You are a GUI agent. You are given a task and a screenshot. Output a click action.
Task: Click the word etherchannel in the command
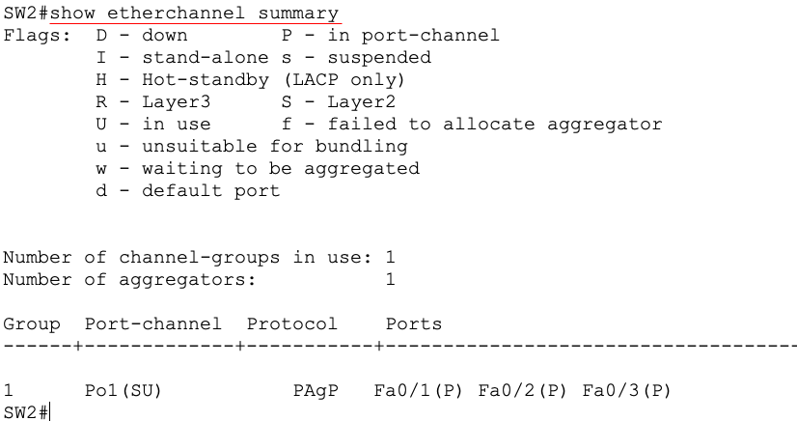tap(176, 13)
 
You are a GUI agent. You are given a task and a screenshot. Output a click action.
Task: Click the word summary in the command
tap(298, 14)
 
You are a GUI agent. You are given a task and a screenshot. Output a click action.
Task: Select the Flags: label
tap(37, 35)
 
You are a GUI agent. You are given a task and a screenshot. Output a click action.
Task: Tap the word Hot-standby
tap(206, 80)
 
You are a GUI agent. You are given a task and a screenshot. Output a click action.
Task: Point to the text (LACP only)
tap(344, 80)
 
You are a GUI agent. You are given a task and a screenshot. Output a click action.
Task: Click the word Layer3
tap(176, 102)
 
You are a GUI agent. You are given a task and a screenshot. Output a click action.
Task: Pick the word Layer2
tap(362, 102)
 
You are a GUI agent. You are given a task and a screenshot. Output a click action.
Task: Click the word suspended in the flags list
tap(379, 58)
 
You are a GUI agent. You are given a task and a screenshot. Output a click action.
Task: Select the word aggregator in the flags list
tap(604, 125)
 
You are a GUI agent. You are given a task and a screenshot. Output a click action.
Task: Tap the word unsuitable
tap(199, 147)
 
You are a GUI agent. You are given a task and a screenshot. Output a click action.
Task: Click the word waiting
tap(182, 169)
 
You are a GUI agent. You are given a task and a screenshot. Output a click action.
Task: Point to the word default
tap(182, 190)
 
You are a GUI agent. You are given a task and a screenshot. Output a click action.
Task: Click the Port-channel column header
tap(153, 323)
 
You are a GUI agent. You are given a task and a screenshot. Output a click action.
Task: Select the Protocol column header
tap(291, 323)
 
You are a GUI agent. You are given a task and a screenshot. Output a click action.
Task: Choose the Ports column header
tap(414, 323)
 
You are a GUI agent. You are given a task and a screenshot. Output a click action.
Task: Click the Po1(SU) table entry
tap(123, 390)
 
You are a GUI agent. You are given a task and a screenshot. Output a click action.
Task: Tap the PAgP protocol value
tap(316, 391)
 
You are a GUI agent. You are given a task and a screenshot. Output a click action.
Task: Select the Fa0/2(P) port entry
tap(523, 390)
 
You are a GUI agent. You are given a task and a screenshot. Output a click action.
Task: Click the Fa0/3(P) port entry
tap(627, 390)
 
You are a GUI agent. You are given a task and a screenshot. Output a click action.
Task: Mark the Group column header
tap(32, 324)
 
